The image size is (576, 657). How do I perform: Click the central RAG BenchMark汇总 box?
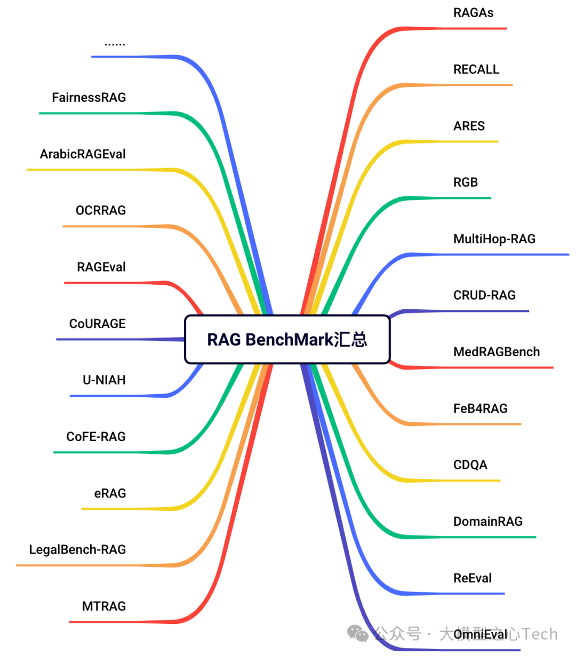(287, 340)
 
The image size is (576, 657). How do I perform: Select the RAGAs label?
(473, 13)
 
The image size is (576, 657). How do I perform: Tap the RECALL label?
(476, 69)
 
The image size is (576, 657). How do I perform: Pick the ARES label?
(469, 126)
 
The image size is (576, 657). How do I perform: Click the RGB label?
(465, 182)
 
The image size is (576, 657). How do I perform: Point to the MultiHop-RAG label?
(494, 239)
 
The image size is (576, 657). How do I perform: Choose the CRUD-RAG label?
(484, 295)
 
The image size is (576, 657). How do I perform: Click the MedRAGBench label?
(496, 352)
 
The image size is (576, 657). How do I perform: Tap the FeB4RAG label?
(480, 408)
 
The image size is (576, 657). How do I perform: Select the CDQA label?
(470, 465)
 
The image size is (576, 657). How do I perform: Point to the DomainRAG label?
(487, 522)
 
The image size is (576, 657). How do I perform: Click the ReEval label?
(472, 578)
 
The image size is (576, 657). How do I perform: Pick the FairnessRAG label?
(89, 98)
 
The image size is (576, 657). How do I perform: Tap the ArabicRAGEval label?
(83, 154)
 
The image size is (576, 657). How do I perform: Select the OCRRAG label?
(101, 211)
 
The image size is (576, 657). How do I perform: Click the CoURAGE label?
(98, 324)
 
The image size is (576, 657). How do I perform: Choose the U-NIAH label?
(104, 380)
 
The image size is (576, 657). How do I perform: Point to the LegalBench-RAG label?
(77, 550)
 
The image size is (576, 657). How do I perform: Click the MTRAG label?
(104, 606)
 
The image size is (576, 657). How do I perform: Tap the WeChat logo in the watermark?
(358, 634)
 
